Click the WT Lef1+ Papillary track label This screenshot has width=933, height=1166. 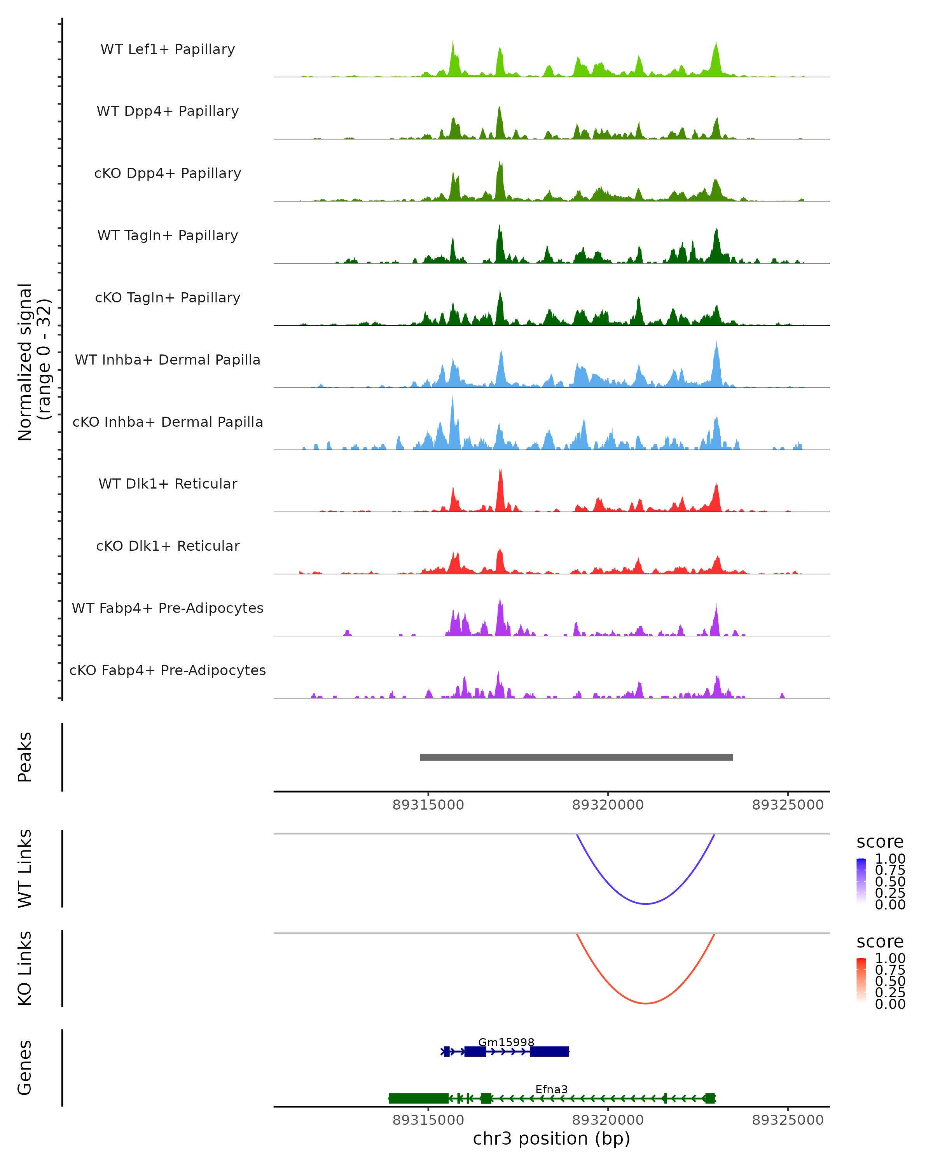168,49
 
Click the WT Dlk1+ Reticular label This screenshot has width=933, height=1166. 168,484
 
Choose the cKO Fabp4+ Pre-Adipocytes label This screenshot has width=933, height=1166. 168,670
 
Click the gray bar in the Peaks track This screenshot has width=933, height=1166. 576,757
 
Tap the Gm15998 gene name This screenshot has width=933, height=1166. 506,1042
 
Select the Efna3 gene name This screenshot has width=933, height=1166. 551,1089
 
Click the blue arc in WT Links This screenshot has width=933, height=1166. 645,904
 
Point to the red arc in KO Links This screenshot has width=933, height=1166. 645,1003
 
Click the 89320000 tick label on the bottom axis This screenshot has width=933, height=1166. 608,1120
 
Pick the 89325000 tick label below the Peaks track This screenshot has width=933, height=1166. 788,805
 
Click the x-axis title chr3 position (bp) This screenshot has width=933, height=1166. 551,1139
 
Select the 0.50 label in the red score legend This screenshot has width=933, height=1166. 890,981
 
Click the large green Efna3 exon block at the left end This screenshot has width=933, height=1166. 418,1098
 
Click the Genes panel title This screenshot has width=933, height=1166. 25,1068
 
